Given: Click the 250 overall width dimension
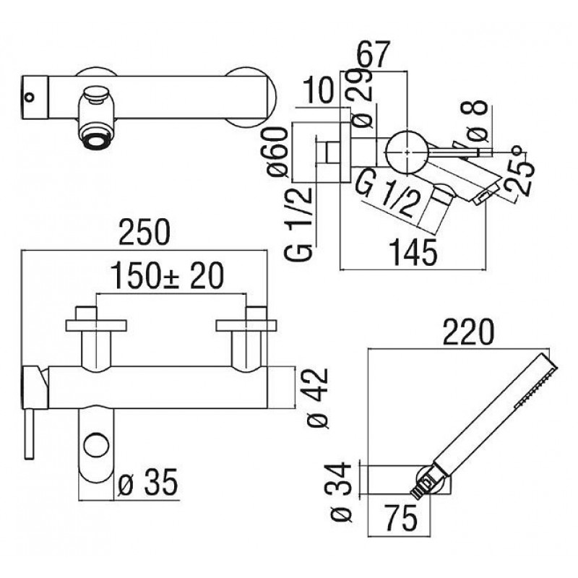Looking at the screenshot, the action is (144, 232).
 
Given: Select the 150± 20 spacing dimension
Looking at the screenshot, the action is (168, 276).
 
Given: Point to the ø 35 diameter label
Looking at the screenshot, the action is (148, 482).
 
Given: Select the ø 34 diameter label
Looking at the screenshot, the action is (340, 492).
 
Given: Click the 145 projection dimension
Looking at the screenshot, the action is (413, 252).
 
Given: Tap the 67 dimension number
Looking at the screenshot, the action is (373, 55).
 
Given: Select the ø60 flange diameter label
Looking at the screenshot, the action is (277, 152).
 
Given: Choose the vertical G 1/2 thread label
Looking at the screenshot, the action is (298, 224).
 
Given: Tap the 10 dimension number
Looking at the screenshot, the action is (319, 91).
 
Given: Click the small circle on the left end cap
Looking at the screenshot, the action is (29, 98).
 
